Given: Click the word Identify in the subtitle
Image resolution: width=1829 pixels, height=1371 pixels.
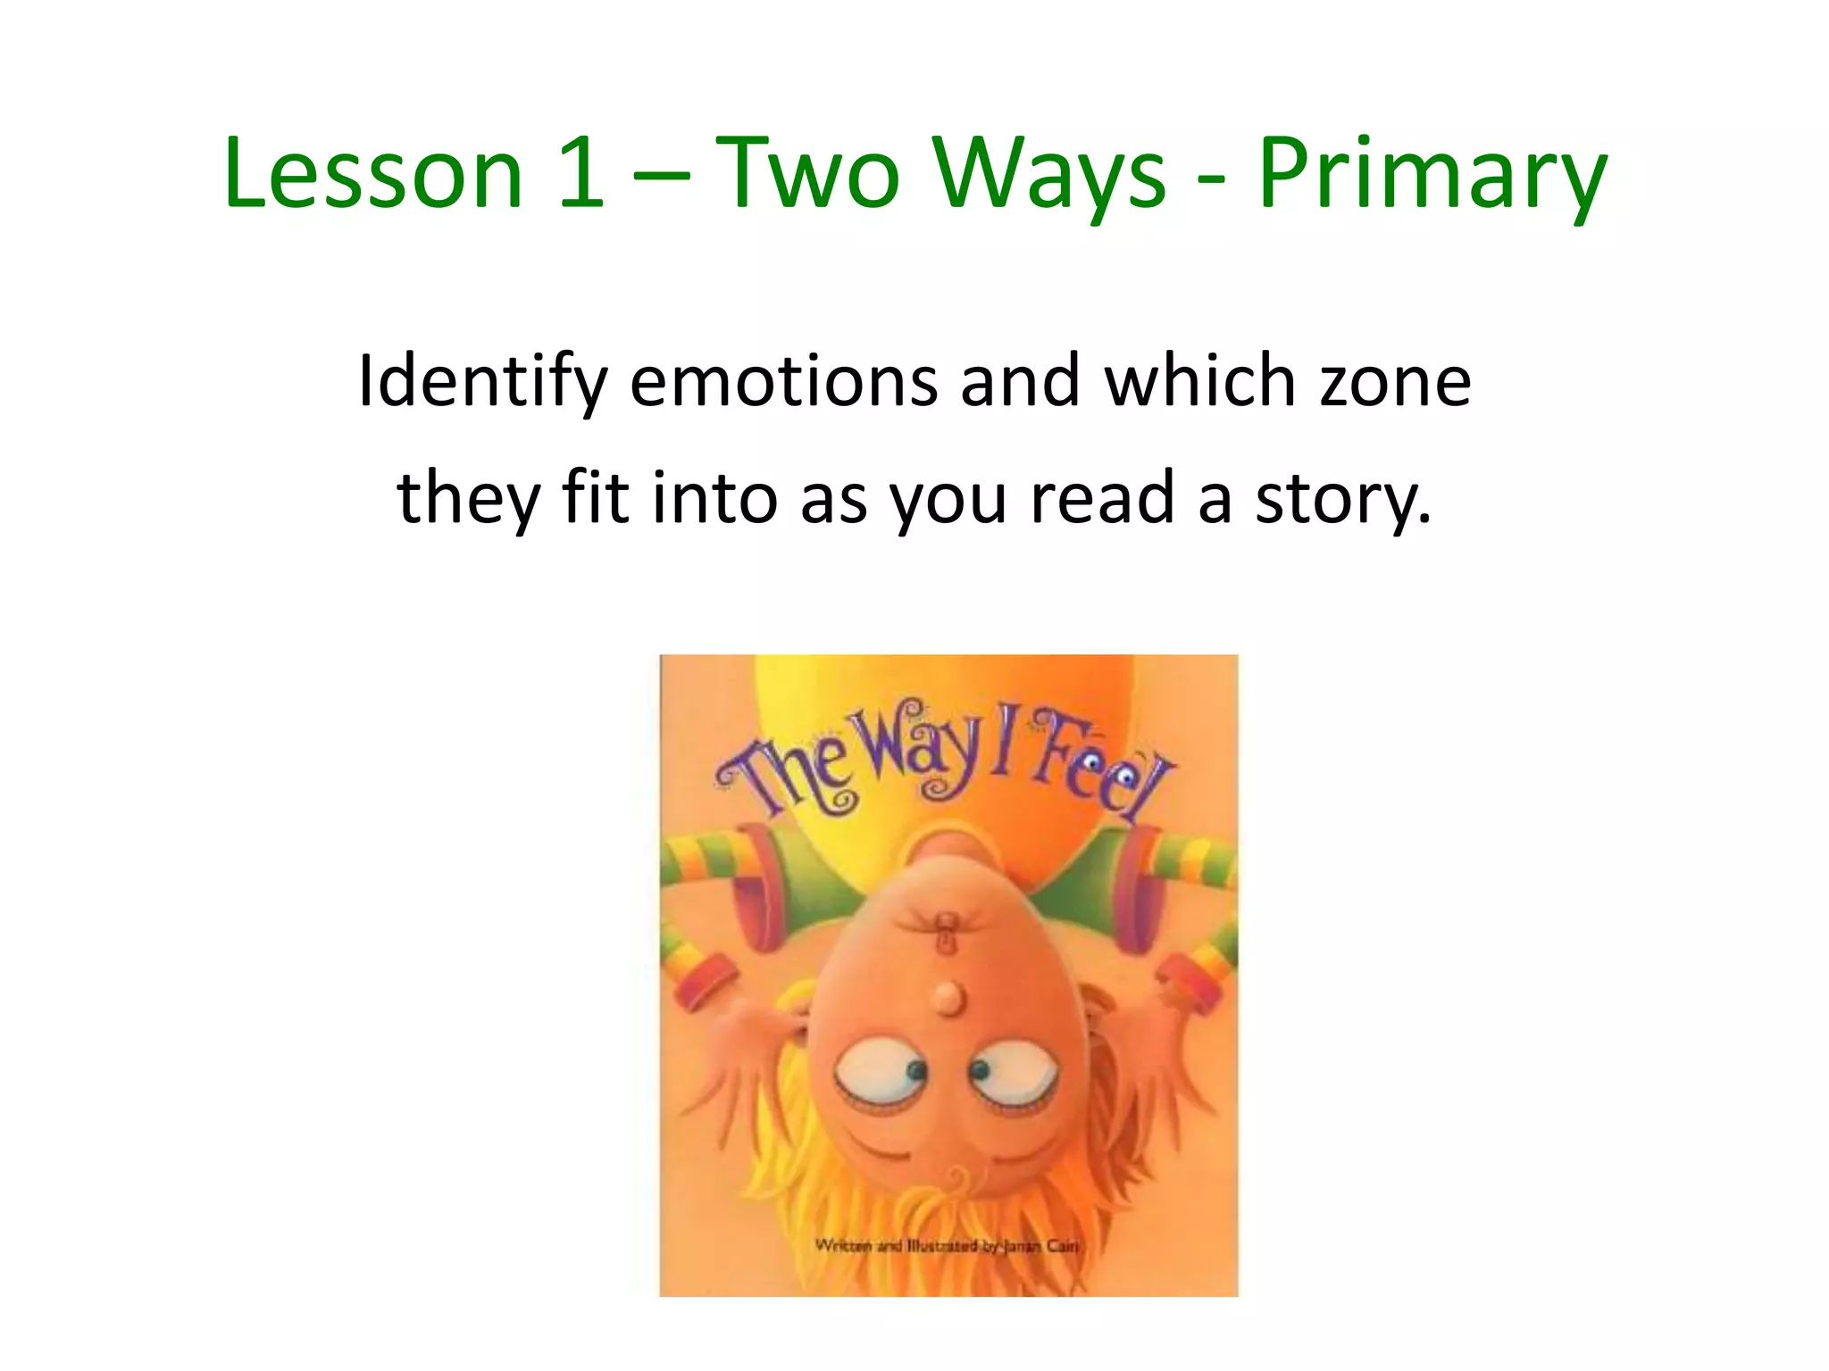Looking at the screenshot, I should tap(482, 382).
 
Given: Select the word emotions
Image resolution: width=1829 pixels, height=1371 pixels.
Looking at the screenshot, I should tap(783, 382).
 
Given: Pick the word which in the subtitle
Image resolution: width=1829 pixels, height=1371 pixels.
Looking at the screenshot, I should tap(1200, 382).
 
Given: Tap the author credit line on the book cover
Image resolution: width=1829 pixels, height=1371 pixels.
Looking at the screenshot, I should tap(947, 1245).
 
